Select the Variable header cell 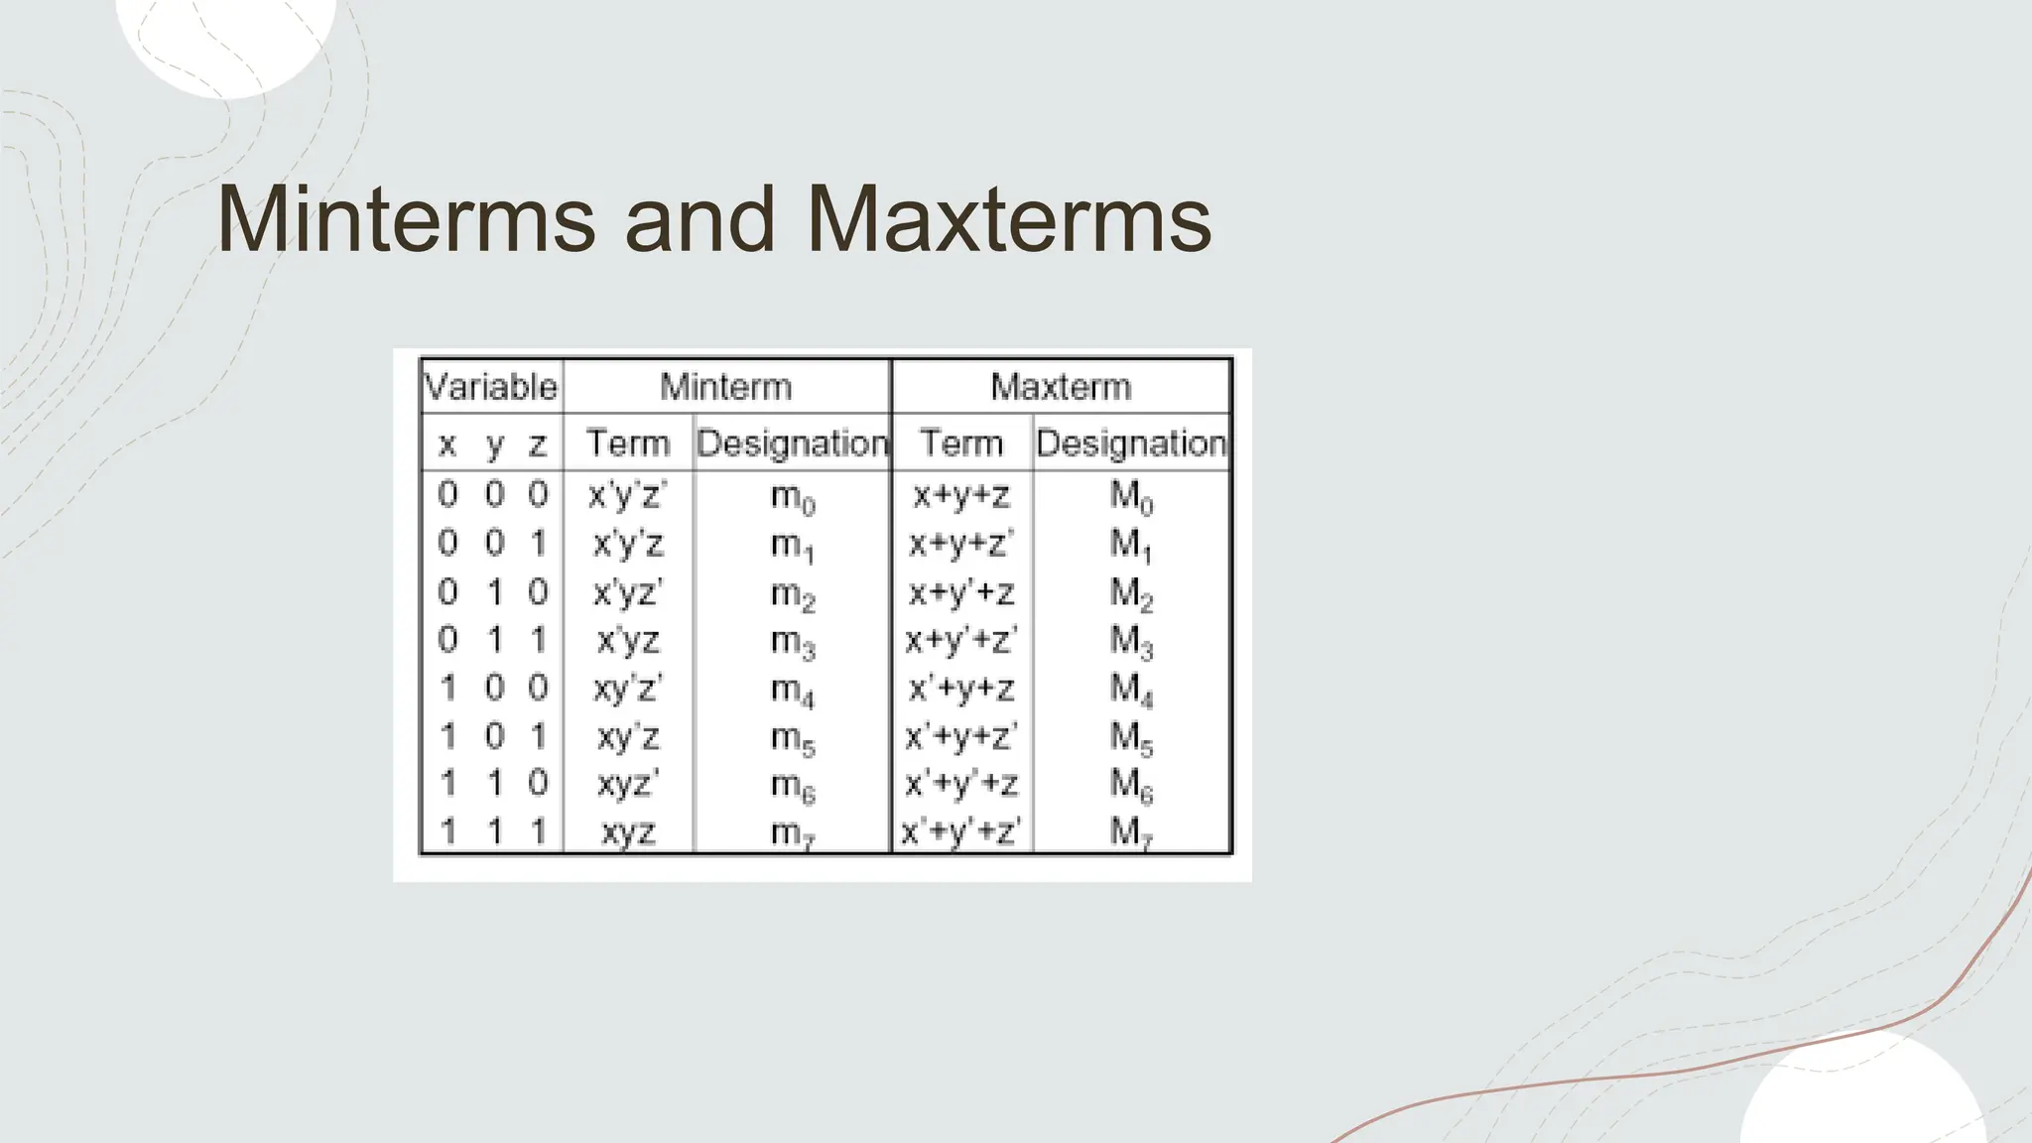(x=491, y=386)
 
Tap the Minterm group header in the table (x=726, y=386)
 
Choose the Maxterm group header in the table (x=1061, y=386)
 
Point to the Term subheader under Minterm (x=627, y=443)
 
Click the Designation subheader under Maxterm (x=1131, y=443)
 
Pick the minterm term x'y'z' (x=627, y=494)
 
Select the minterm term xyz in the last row (x=628, y=831)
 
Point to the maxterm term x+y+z (x=960, y=494)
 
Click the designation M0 (x=1131, y=495)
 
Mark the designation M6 (x=1131, y=785)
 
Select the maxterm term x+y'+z (x=960, y=592)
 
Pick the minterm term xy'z (x=628, y=736)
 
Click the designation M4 (x=1131, y=689)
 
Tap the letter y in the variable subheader (x=494, y=444)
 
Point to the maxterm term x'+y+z (x=960, y=688)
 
